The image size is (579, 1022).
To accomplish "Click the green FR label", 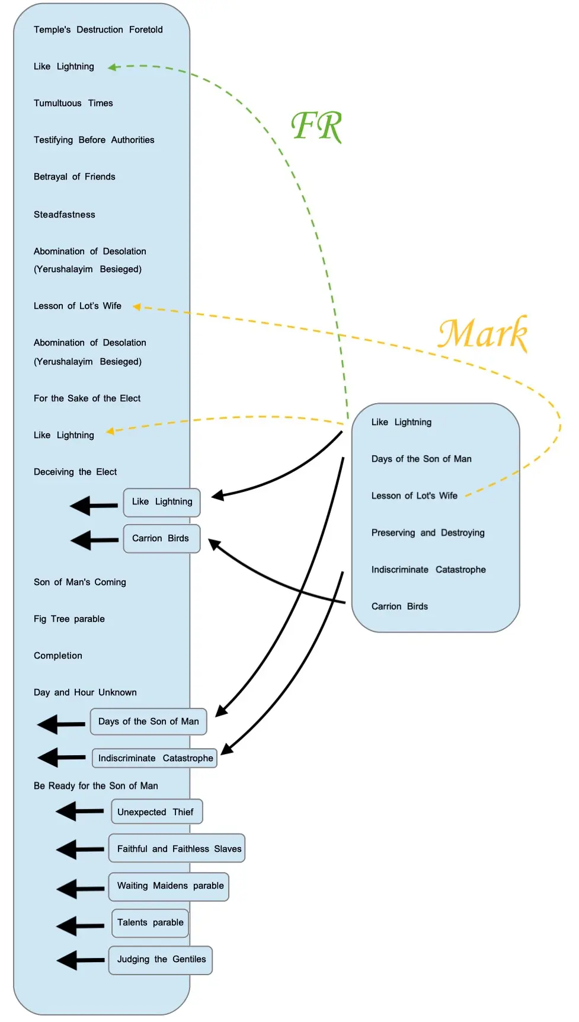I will [317, 126].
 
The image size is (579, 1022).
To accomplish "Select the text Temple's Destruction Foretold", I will [98, 30].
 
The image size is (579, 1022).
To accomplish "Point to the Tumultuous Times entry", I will [73, 103].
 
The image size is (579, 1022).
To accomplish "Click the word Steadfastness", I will [64, 215].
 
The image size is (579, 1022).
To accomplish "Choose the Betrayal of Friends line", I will [74, 177].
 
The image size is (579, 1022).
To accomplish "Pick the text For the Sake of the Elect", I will [87, 398].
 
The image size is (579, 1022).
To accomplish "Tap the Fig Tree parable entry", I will [69, 619].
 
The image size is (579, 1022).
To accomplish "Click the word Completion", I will [57, 656].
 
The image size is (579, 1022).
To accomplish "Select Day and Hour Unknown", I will [85, 692].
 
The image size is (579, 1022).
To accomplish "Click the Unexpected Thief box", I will [156, 812].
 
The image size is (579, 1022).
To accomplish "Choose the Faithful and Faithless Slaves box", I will [177, 849].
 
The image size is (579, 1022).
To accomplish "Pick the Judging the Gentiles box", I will [161, 960].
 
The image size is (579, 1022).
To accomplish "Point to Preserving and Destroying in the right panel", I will [427, 533].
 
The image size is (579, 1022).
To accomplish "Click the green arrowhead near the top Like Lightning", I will [112, 68].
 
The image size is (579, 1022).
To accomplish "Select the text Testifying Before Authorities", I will [94, 140].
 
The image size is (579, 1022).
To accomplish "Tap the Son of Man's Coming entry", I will [79, 582].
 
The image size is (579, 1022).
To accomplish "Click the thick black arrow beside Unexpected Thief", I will [80, 811].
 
